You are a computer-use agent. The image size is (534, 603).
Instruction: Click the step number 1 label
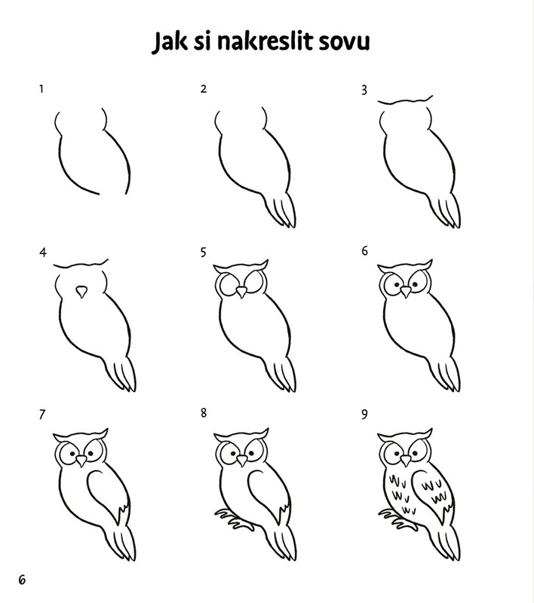[41, 89]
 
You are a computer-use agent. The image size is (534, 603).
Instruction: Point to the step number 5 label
[203, 253]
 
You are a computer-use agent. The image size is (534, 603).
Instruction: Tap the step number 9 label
[364, 414]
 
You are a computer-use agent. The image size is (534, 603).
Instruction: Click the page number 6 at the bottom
[22, 580]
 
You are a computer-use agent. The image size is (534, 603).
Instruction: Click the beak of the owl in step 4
[81, 292]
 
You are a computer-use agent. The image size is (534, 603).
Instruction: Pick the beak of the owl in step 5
[241, 292]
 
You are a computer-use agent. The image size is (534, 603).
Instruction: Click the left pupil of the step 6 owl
[396, 285]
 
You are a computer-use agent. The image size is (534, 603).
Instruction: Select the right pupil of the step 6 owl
[415, 285]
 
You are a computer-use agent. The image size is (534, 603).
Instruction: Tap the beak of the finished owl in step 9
[406, 461]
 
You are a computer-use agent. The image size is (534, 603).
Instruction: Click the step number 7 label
[42, 415]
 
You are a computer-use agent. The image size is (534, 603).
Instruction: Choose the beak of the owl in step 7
[81, 461]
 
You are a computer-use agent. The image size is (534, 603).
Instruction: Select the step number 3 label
[364, 90]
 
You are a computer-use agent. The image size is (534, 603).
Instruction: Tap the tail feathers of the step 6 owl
[445, 374]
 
